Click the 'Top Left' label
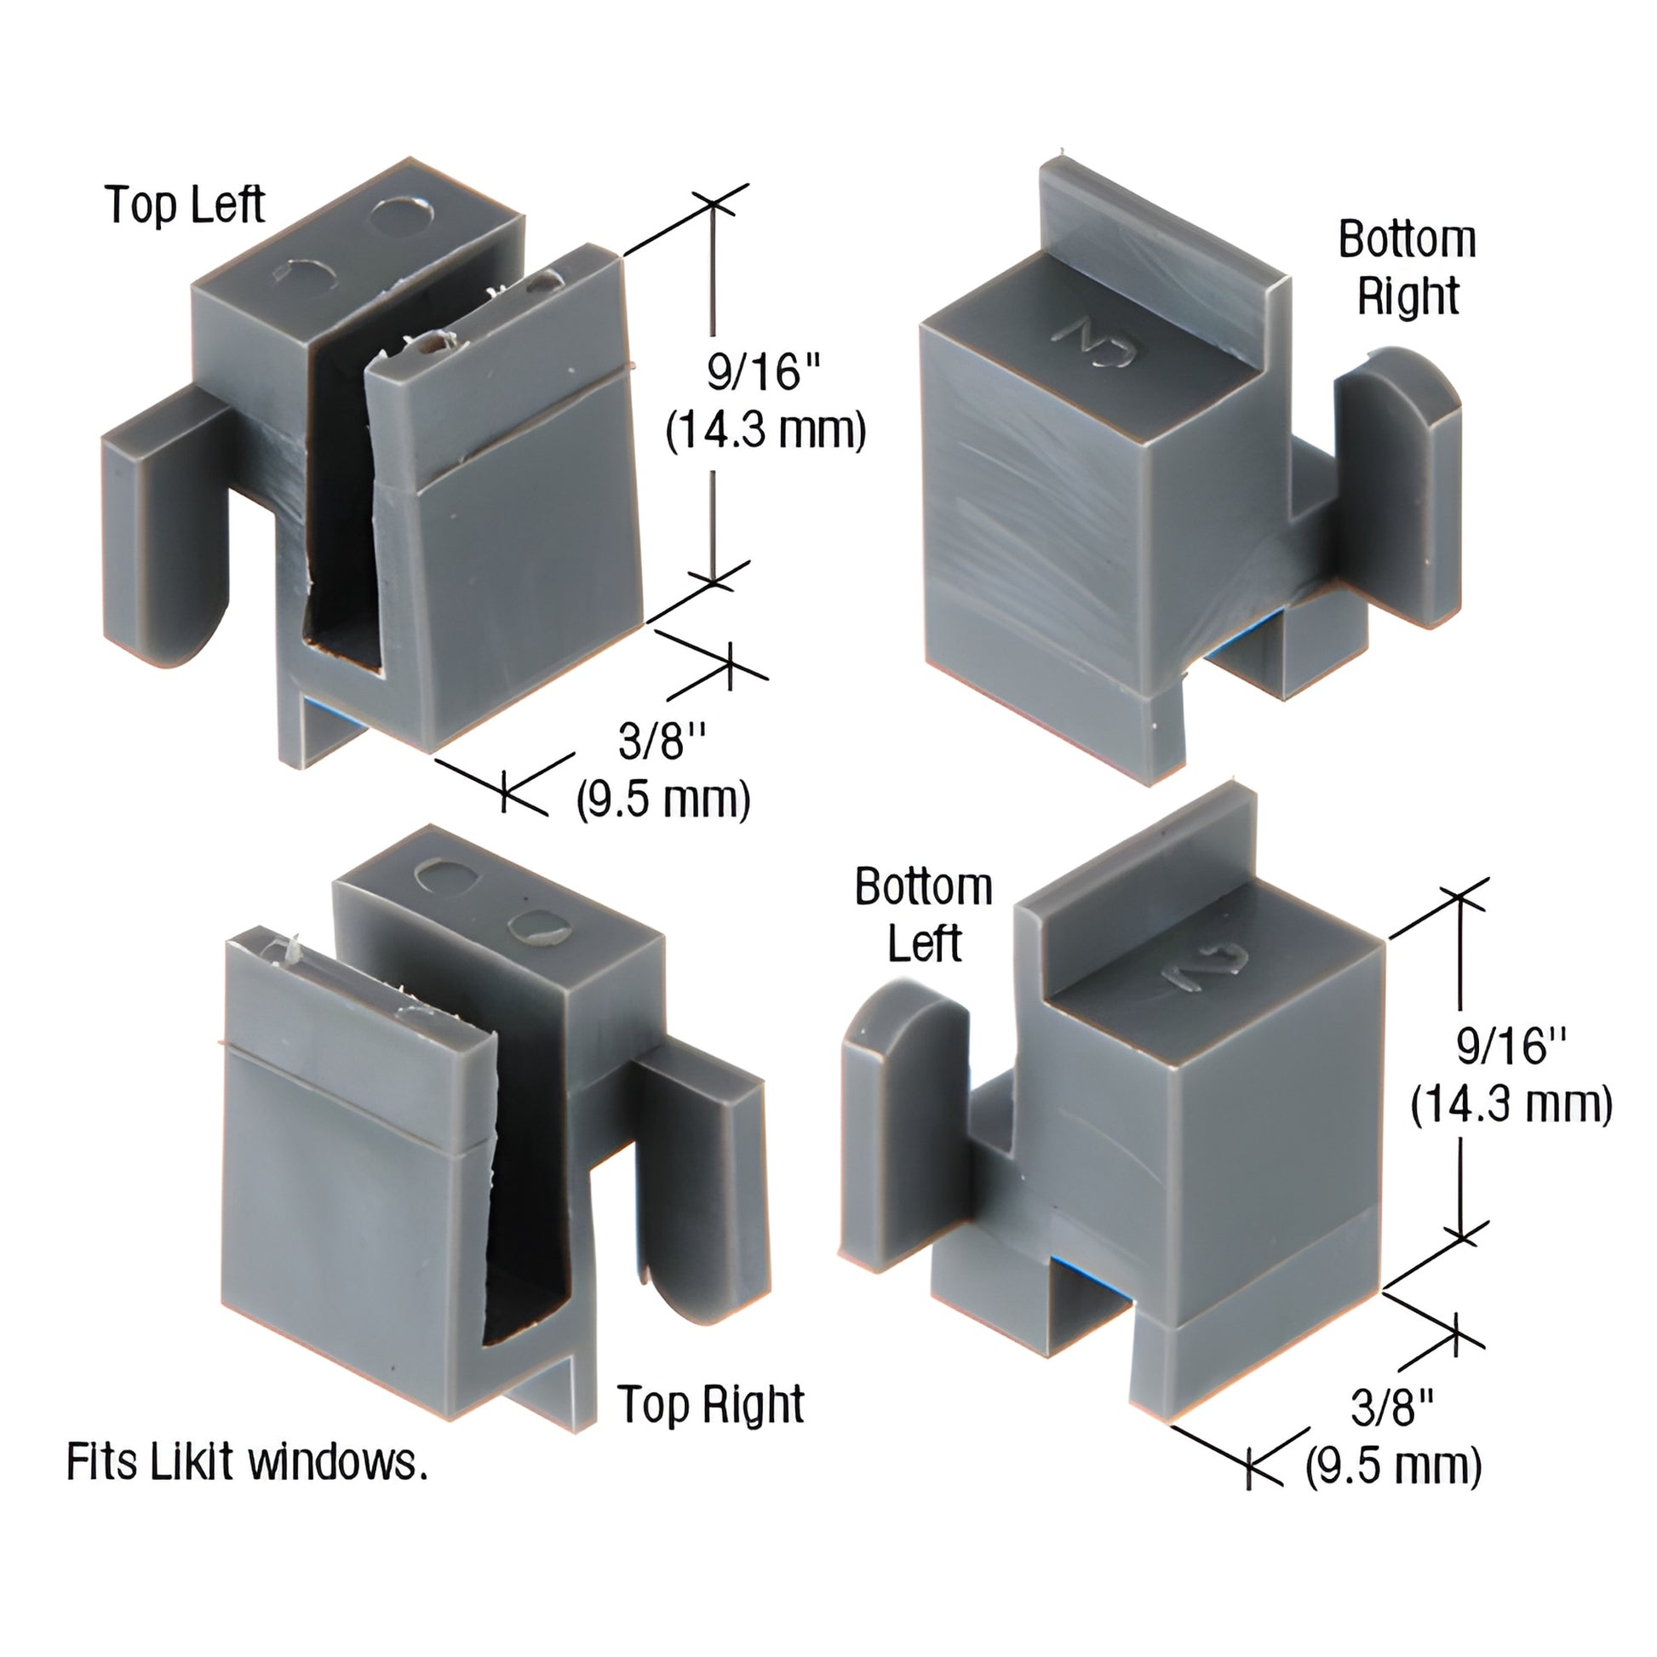tap(185, 205)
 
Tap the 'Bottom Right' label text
tap(1407, 267)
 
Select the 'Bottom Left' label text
tap(924, 915)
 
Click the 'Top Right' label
tap(711, 1404)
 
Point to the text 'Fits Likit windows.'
tap(247, 1463)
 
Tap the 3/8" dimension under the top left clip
tap(662, 740)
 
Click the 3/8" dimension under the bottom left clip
tap(1392, 1408)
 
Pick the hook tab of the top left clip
tap(163, 531)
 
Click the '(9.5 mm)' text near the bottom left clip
tap(1393, 1465)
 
